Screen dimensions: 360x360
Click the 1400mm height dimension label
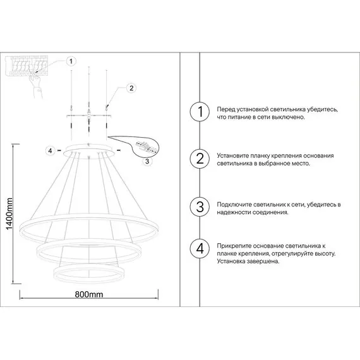click(x=9, y=214)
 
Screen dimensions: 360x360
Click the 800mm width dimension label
click(x=89, y=294)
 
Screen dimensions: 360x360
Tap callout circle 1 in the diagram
click(x=71, y=61)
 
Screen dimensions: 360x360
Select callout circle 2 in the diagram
click(x=131, y=88)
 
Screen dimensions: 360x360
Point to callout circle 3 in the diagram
click(x=147, y=161)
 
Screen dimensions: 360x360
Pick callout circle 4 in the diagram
click(x=51, y=151)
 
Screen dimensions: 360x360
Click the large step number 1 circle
click(x=200, y=111)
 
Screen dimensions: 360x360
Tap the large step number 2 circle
click(x=200, y=159)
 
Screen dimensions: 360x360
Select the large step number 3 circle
click(x=200, y=207)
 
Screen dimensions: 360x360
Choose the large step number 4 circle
click(x=200, y=248)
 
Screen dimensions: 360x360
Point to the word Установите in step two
click(x=233, y=155)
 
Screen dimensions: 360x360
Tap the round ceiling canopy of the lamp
click(x=89, y=150)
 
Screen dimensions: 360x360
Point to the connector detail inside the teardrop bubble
click(x=146, y=147)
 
